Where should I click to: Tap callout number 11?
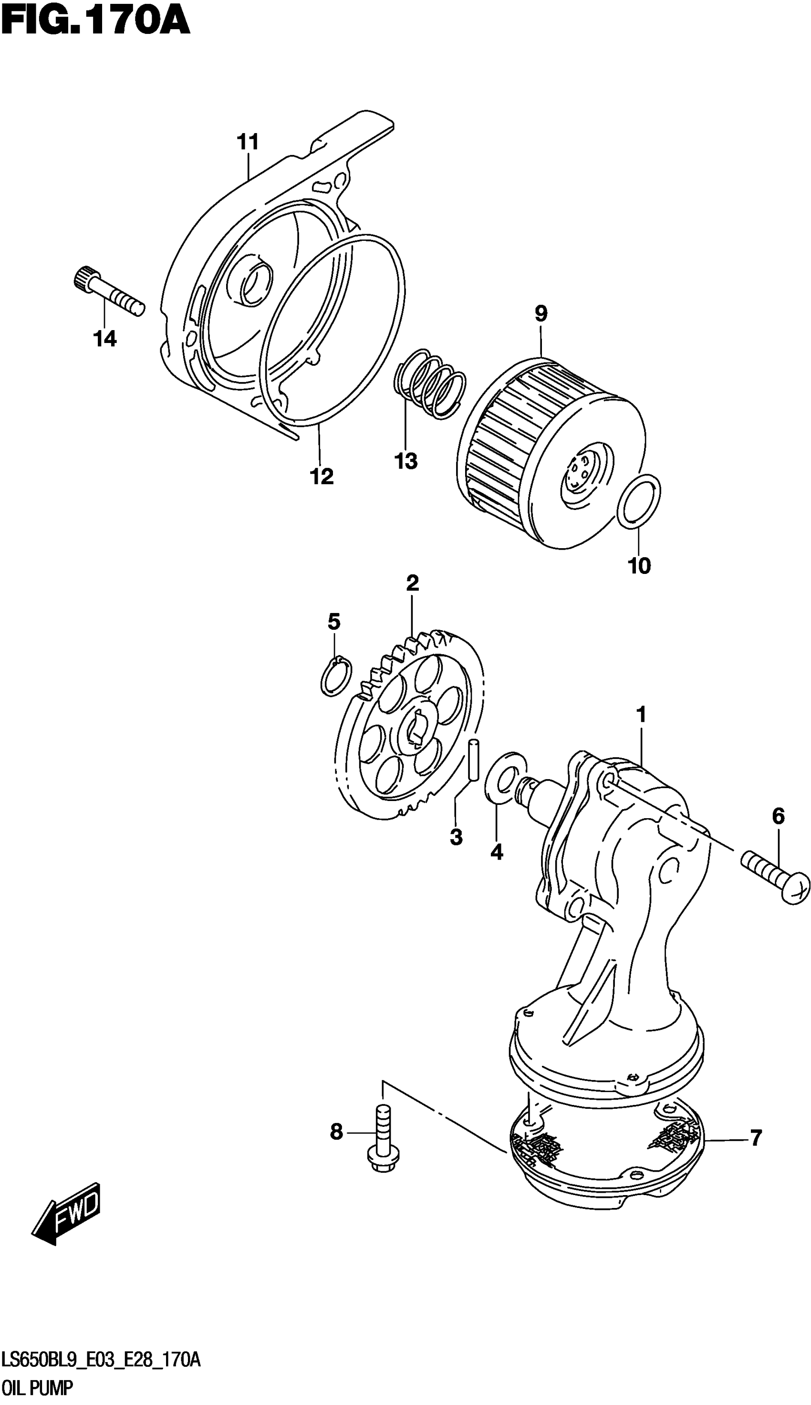(x=249, y=143)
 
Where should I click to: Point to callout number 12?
(x=322, y=476)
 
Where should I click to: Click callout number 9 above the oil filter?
(x=541, y=313)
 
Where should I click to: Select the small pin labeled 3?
(x=473, y=760)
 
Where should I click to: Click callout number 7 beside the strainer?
(x=755, y=1138)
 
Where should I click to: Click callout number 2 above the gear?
(x=412, y=583)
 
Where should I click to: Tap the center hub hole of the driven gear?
(x=415, y=729)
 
